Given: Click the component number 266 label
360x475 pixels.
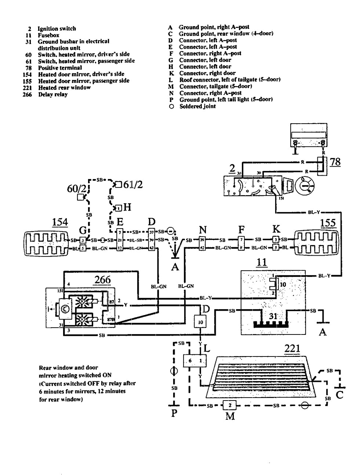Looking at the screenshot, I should tap(103, 279).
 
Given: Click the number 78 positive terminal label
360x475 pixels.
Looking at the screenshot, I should tap(335, 162).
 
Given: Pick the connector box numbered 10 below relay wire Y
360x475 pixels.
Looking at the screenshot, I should tap(200, 322).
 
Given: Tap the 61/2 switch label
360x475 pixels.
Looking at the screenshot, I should tap(132, 184).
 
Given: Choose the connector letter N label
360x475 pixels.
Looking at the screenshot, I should tap(203, 230).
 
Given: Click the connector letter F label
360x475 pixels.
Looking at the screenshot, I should tap(241, 230).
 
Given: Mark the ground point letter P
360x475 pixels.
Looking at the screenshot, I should tap(174, 413).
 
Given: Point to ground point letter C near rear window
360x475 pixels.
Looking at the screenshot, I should tap(339, 395).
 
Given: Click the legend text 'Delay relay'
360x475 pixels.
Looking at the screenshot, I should tap(53, 95).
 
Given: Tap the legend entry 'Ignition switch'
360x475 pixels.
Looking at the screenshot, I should tap(57, 29).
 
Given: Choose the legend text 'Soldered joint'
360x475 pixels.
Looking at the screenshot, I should tap(197, 106).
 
